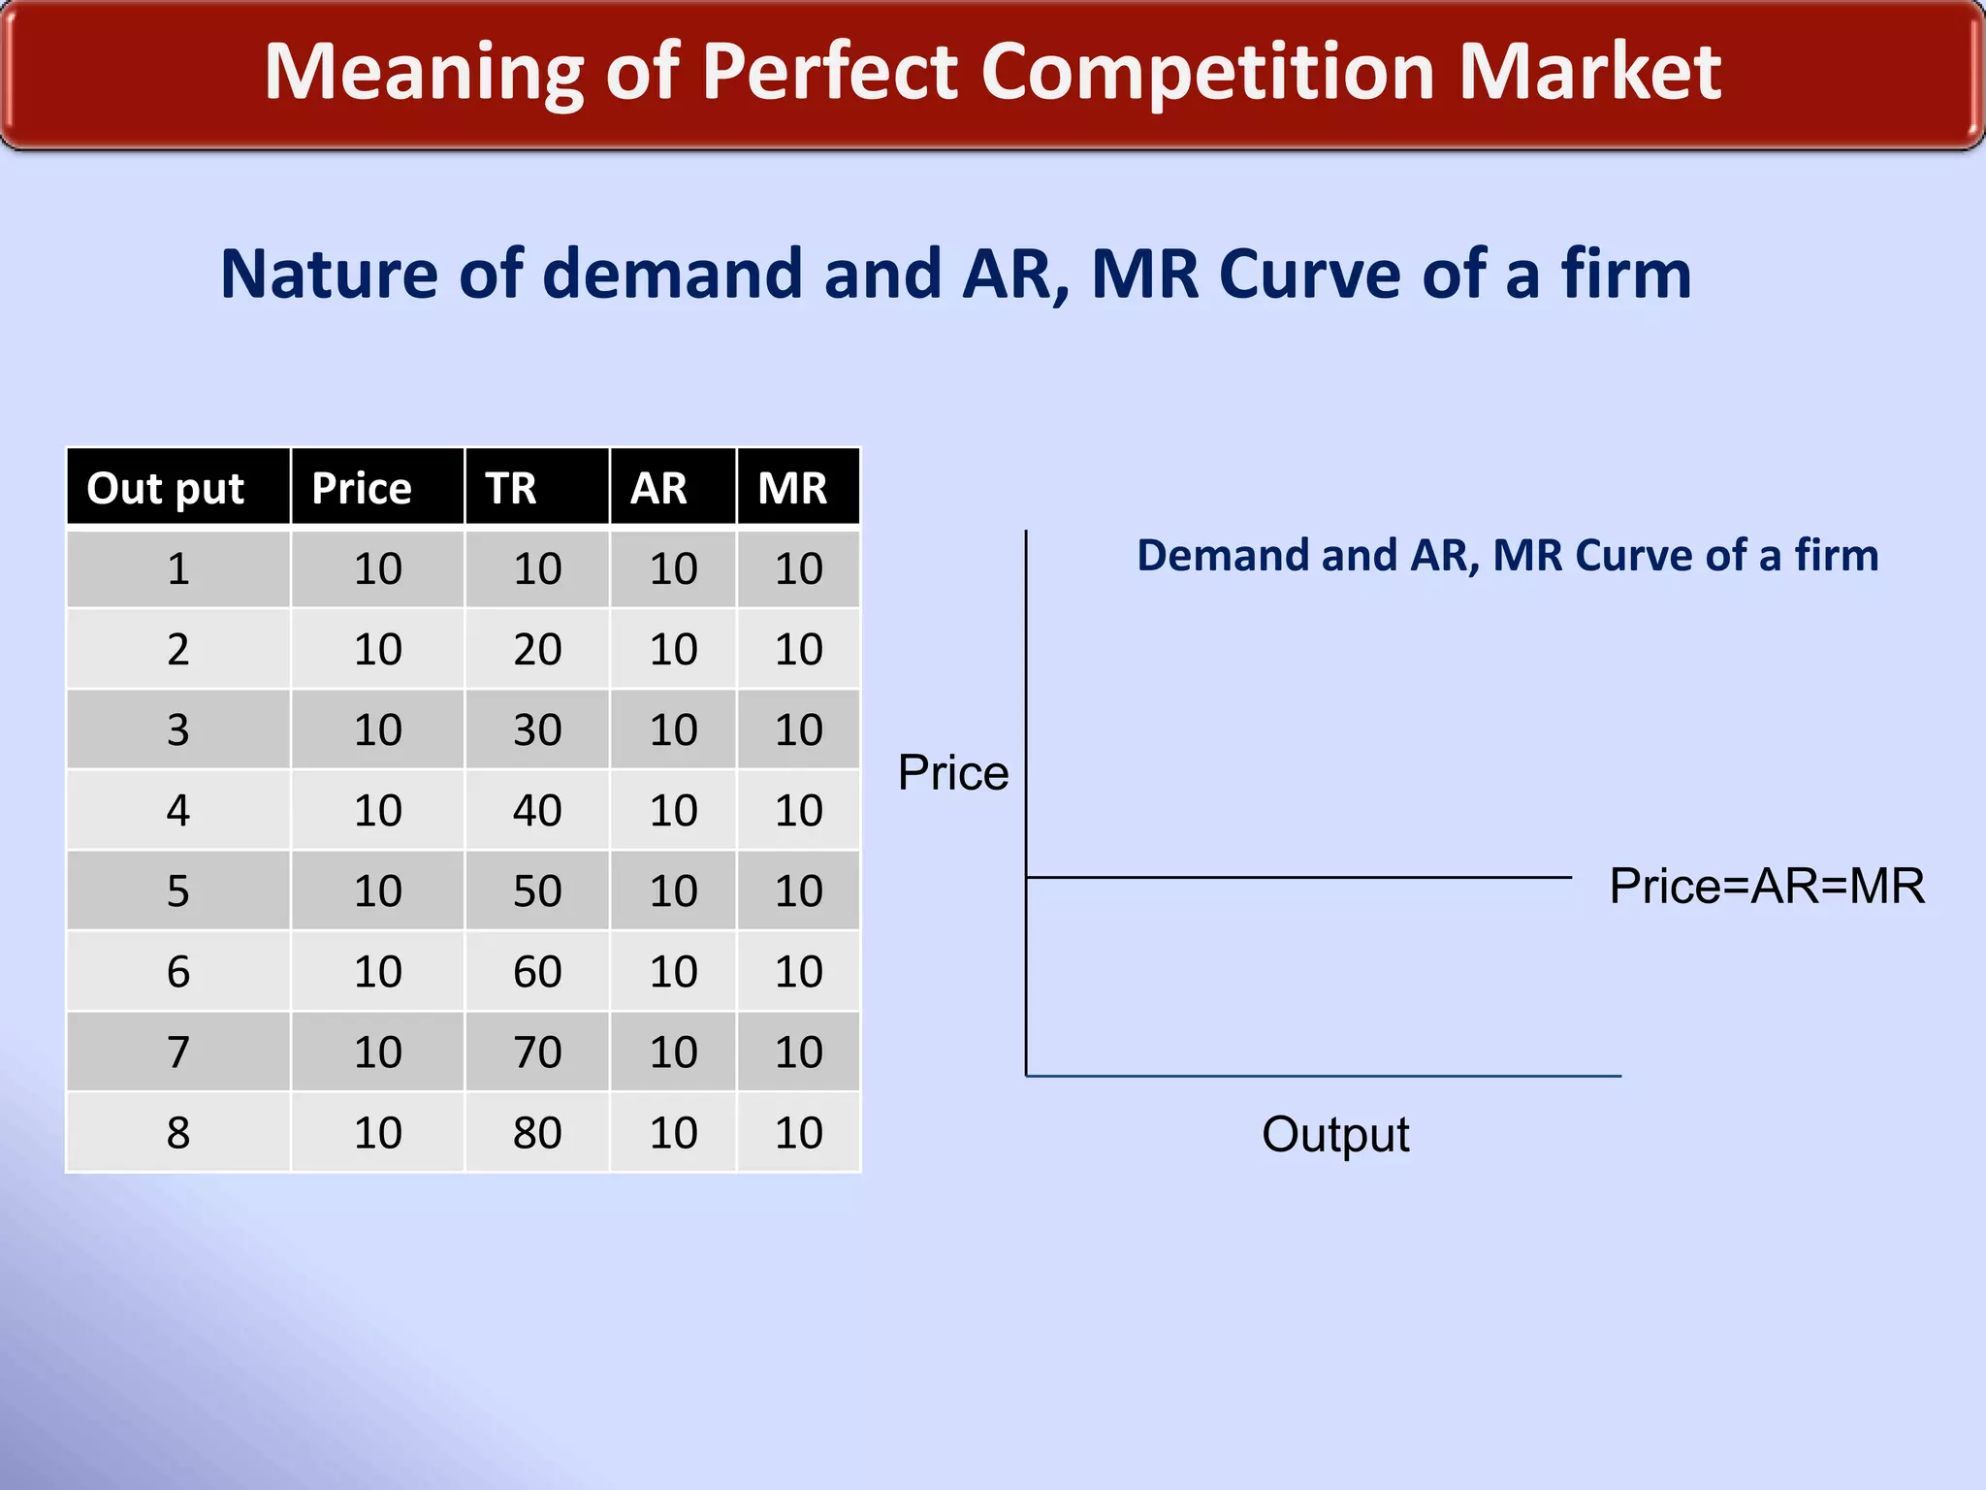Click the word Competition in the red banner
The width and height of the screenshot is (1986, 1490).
[1207, 73]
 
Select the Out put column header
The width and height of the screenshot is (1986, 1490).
[166, 488]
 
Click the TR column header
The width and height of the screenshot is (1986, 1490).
[511, 488]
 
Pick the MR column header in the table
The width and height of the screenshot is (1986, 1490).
[792, 488]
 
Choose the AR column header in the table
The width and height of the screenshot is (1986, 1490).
[659, 488]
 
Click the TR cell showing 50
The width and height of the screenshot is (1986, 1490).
[537, 891]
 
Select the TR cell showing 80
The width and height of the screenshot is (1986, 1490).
[537, 1133]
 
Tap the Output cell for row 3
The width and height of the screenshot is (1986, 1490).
[178, 730]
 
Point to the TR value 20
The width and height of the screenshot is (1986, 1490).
[537, 650]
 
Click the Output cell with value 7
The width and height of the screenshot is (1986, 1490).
[178, 1053]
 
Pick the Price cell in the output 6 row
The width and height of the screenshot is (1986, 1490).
[377, 972]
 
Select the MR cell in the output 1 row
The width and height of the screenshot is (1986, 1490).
[798, 569]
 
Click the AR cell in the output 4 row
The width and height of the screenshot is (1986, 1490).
[673, 811]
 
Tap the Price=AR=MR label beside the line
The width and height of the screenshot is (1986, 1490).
[1766, 887]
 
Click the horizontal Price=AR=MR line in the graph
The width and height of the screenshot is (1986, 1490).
[1299, 878]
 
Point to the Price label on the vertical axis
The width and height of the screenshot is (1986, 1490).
[952, 774]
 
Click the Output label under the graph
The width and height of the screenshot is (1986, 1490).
[1334, 1134]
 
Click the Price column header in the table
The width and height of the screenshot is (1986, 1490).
[362, 488]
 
